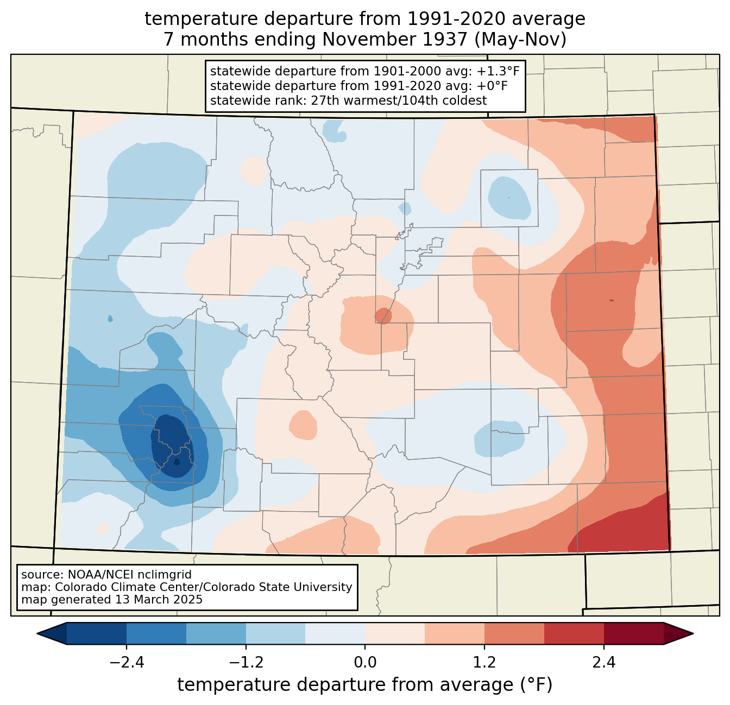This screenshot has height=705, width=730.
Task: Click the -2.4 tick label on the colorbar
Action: (127, 662)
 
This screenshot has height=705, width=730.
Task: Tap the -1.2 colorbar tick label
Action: (246, 662)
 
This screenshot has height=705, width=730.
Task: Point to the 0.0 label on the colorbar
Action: (365, 662)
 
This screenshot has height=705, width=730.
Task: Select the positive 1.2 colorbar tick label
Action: (484, 662)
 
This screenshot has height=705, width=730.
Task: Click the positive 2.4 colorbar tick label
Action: (604, 662)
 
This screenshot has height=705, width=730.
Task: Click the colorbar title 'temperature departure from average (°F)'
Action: (365, 685)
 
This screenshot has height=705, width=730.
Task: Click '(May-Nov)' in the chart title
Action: (520, 40)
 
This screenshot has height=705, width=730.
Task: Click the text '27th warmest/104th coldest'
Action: (399, 100)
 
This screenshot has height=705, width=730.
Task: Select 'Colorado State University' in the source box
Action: (276, 587)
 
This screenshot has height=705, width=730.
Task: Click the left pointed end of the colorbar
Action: (37, 634)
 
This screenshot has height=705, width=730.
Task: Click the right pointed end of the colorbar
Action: (693, 634)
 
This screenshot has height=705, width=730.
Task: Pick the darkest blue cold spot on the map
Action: (172, 445)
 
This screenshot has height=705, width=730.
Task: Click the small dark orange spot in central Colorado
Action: (383, 315)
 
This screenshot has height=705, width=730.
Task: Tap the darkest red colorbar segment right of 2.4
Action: (634, 634)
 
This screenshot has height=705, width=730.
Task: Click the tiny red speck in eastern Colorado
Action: (612, 300)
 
